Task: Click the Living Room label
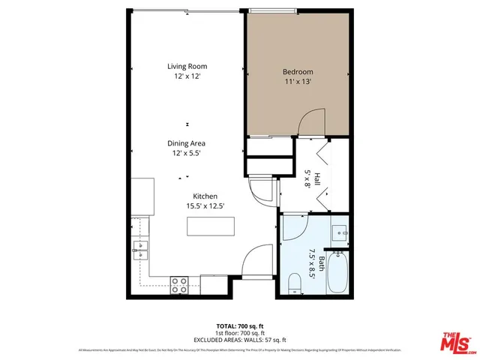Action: [x=187, y=67]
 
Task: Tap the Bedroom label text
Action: [x=297, y=72]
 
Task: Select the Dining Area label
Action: [x=187, y=143]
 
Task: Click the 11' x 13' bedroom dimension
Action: [x=297, y=82]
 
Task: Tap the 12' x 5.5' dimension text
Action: [x=187, y=153]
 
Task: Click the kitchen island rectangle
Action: [x=211, y=226]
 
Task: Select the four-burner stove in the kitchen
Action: [x=179, y=284]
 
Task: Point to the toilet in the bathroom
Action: [x=295, y=283]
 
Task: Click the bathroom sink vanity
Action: [x=340, y=233]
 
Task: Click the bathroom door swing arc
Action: [x=292, y=225]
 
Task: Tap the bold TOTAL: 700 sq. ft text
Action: [x=239, y=325]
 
